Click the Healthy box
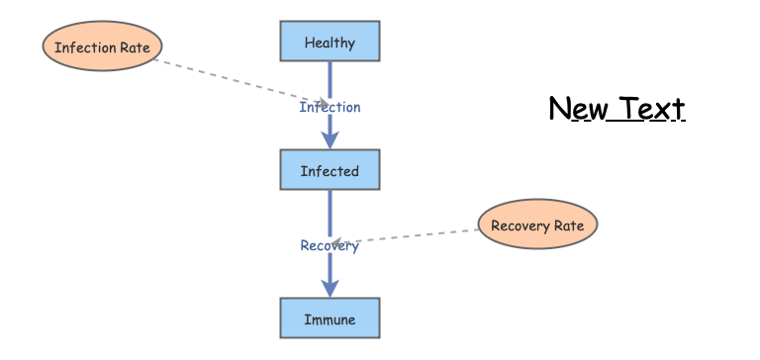click(330, 42)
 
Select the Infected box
click(330, 169)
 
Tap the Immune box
click(330, 317)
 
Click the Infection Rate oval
click(102, 46)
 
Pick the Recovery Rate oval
click(537, 224)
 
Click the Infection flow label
click(330, 107)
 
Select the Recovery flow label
click(330, 245)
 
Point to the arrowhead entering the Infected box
click(330, 140)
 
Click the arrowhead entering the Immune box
click(330, 288)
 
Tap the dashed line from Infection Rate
click(240, 81)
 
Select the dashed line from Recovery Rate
click(405, 236)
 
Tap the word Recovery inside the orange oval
click(514, 226)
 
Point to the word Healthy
click(330, 44)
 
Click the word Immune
click(330, 319)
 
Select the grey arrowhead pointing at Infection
click(323, 103)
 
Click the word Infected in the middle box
click(330, 171)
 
